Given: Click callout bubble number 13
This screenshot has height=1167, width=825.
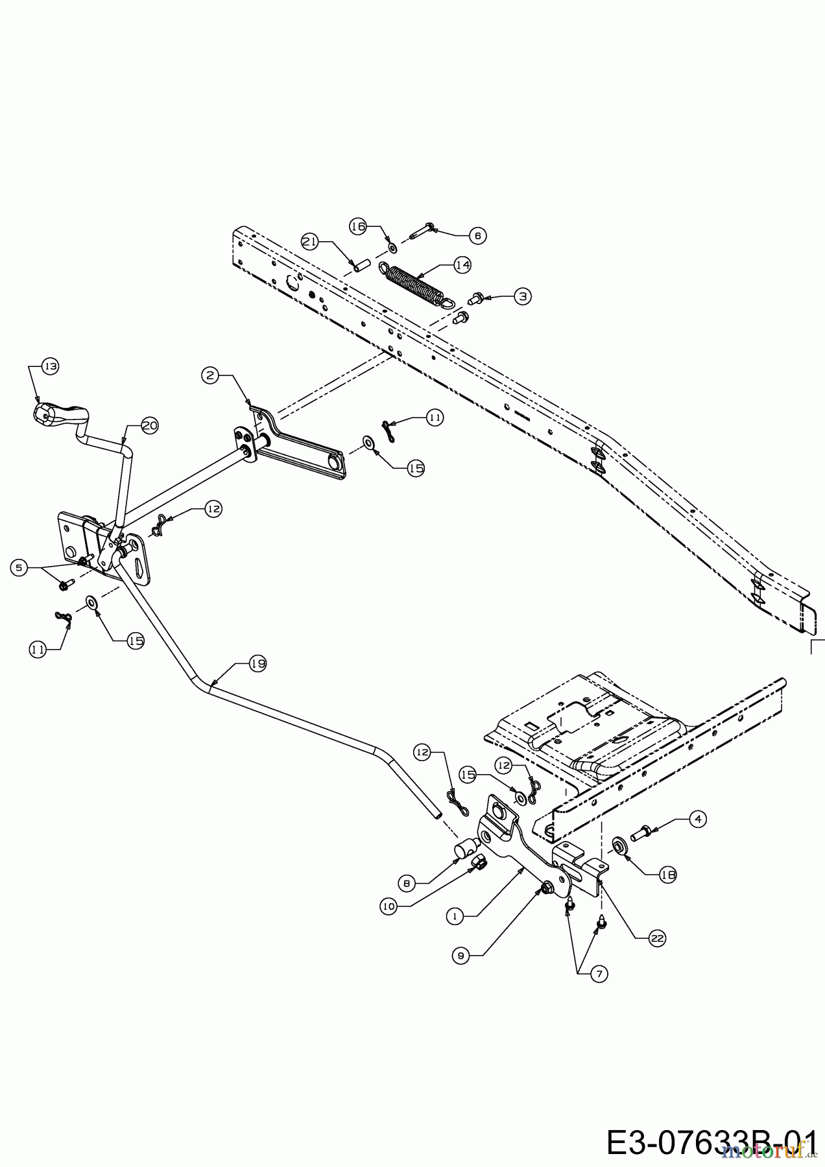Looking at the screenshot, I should click(x=50, y=366).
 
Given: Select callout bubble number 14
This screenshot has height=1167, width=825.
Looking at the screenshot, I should click(x=462, y=265).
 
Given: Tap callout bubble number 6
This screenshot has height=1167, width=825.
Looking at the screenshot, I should click(x=477, y=235).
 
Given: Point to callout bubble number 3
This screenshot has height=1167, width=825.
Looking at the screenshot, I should click(x=523, y=296).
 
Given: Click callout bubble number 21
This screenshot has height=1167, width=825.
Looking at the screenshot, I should click(x=311, y=241).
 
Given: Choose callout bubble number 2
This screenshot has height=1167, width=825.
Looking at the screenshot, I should click(x=210, y=375).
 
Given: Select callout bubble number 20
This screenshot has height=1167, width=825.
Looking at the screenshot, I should click(x=149, y=425).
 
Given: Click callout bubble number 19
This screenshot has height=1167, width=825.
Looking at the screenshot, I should click(x=257, y=663).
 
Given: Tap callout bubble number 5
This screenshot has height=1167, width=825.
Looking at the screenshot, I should click(x=19, y=567).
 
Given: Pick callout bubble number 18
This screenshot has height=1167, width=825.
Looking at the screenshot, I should click(x=668, y=875).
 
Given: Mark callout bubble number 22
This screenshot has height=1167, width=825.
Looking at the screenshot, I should click(x=657, y=938).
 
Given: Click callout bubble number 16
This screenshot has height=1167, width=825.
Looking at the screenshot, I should click(x=358, y=226).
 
